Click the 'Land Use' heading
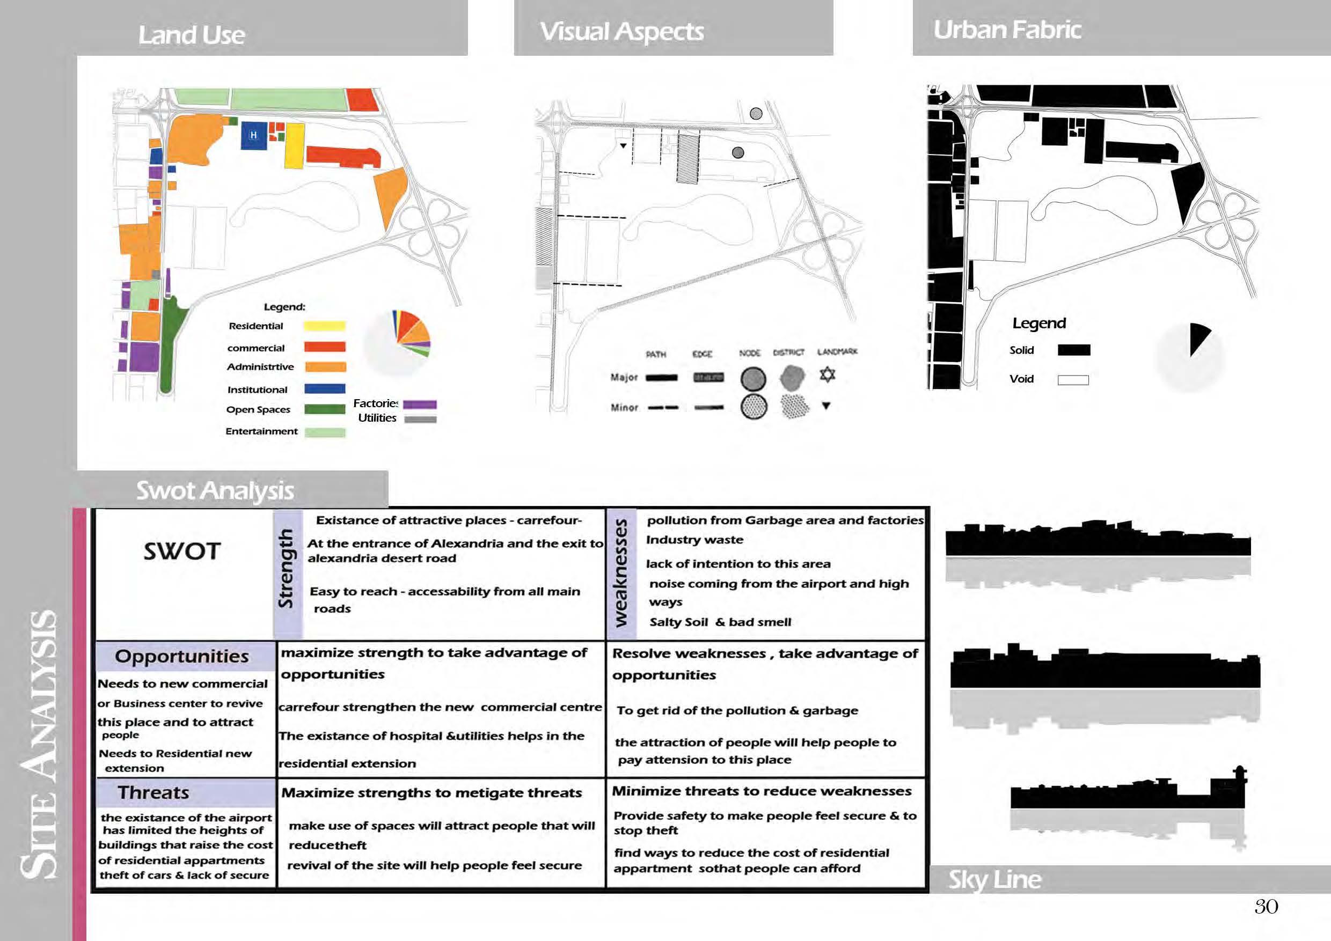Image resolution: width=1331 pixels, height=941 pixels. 191,35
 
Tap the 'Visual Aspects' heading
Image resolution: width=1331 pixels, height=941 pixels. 621,32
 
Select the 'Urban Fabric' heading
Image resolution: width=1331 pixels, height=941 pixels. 1007,30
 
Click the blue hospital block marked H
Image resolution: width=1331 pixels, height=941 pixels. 254,136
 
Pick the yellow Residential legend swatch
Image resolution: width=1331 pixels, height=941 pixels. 325,326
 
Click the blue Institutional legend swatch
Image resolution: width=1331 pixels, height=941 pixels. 325,389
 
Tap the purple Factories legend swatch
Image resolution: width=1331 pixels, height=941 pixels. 420,405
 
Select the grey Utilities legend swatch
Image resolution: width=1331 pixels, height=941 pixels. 420,419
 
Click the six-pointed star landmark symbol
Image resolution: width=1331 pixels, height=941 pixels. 827,375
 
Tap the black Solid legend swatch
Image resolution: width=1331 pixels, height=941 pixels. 1073,350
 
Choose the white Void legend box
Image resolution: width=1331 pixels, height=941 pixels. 1073,380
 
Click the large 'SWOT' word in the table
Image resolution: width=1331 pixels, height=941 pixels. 182,551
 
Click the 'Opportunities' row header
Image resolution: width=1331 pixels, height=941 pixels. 181,656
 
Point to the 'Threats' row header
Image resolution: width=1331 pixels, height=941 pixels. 153,792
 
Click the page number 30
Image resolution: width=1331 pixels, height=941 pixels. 1266,907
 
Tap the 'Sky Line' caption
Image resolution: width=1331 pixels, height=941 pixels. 995,880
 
